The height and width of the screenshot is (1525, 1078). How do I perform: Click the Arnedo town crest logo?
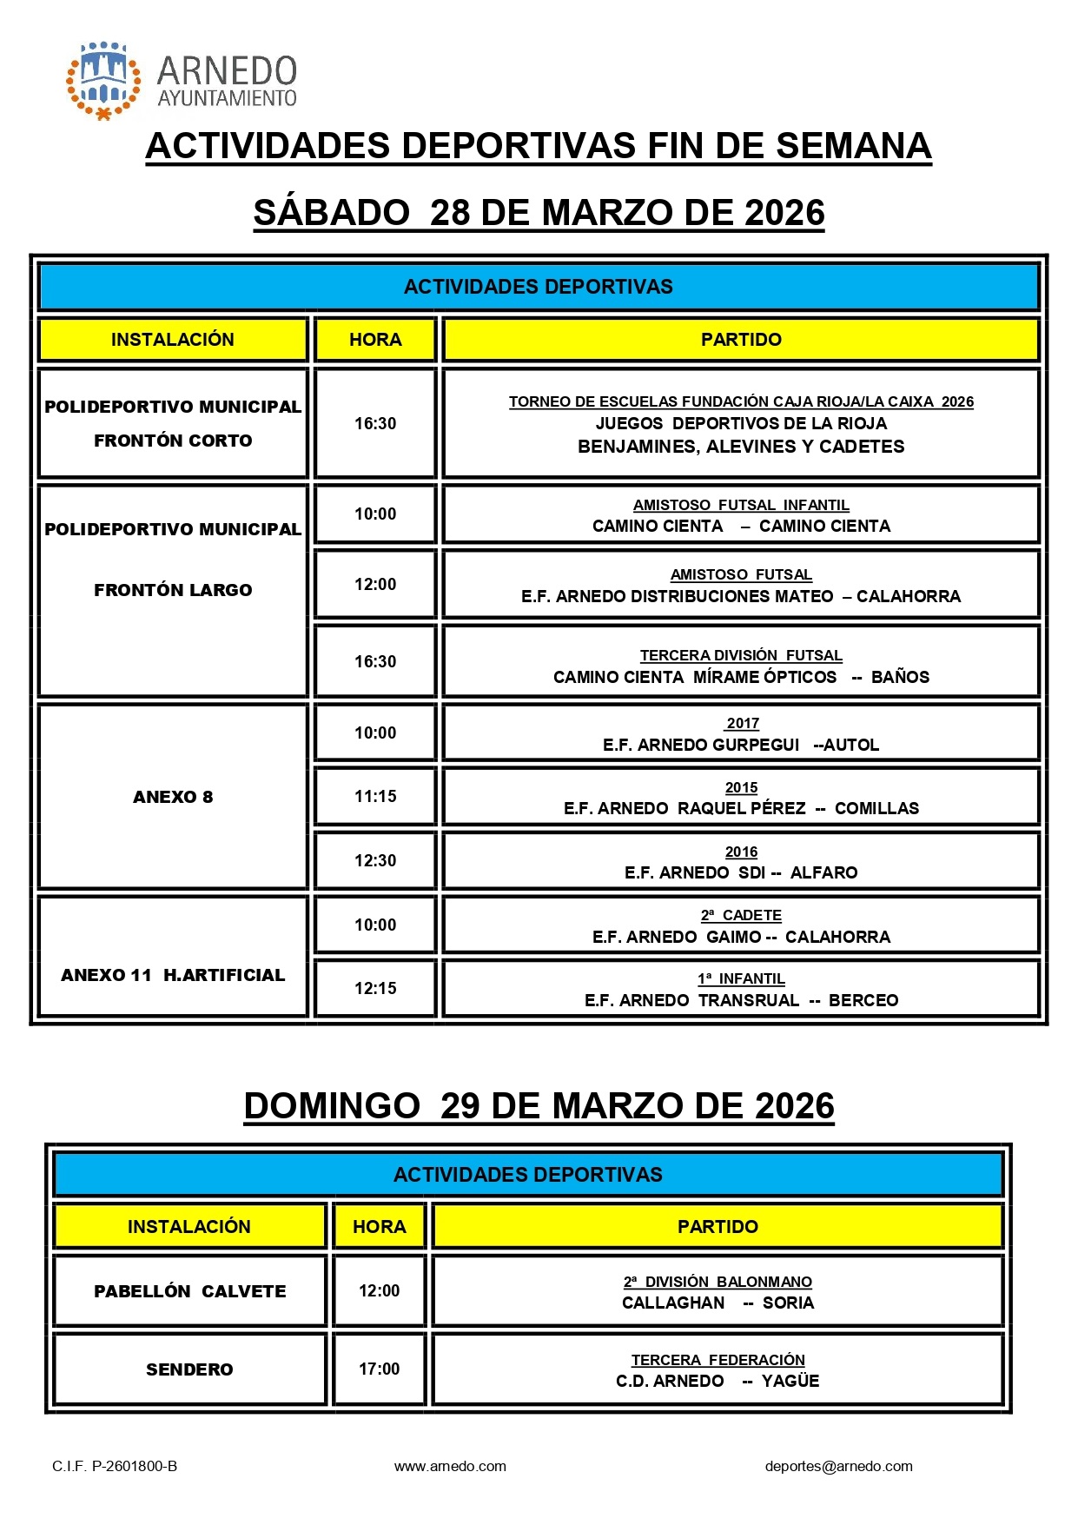(x=103, y=80)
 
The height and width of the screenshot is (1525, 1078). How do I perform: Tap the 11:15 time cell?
(x=375, y=796)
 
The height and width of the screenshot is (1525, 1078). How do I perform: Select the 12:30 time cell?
(x=375, y=860)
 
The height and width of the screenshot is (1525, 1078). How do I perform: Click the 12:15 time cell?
(x=375, y=988)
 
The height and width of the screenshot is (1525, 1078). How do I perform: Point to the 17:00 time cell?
(x=380, y=1369)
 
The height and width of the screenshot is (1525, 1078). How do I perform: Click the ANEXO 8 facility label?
(x=173, y=797)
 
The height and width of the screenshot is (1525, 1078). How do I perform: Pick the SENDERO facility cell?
(x=189, y=1369)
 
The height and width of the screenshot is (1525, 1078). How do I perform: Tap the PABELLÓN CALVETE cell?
(x=189, y=1291)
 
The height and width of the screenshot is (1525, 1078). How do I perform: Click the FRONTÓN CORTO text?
(x=173, y=441)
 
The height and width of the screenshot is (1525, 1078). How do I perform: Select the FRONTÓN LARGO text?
(x=173, y=590)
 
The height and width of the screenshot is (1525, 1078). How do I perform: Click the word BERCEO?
(x=863, y=1000)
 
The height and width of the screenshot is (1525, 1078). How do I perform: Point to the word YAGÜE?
(x=790, y=1381)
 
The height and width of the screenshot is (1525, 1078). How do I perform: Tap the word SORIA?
(x=788, y=1303)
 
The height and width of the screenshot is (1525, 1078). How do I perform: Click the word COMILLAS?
(x=876, y=808)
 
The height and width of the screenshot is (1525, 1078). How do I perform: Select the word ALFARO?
(x=823, y=872)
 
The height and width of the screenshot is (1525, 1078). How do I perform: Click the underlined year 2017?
(x=743, y=723)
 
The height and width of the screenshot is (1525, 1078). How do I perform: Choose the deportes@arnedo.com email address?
(x=838, y=1466)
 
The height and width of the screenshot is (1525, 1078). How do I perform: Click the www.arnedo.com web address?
(x=450, y=1466)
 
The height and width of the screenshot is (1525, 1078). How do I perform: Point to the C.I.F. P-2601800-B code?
(x=115, y=1466)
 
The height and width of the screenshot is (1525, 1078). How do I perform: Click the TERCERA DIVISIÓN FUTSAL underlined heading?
(x=741, y=655)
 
